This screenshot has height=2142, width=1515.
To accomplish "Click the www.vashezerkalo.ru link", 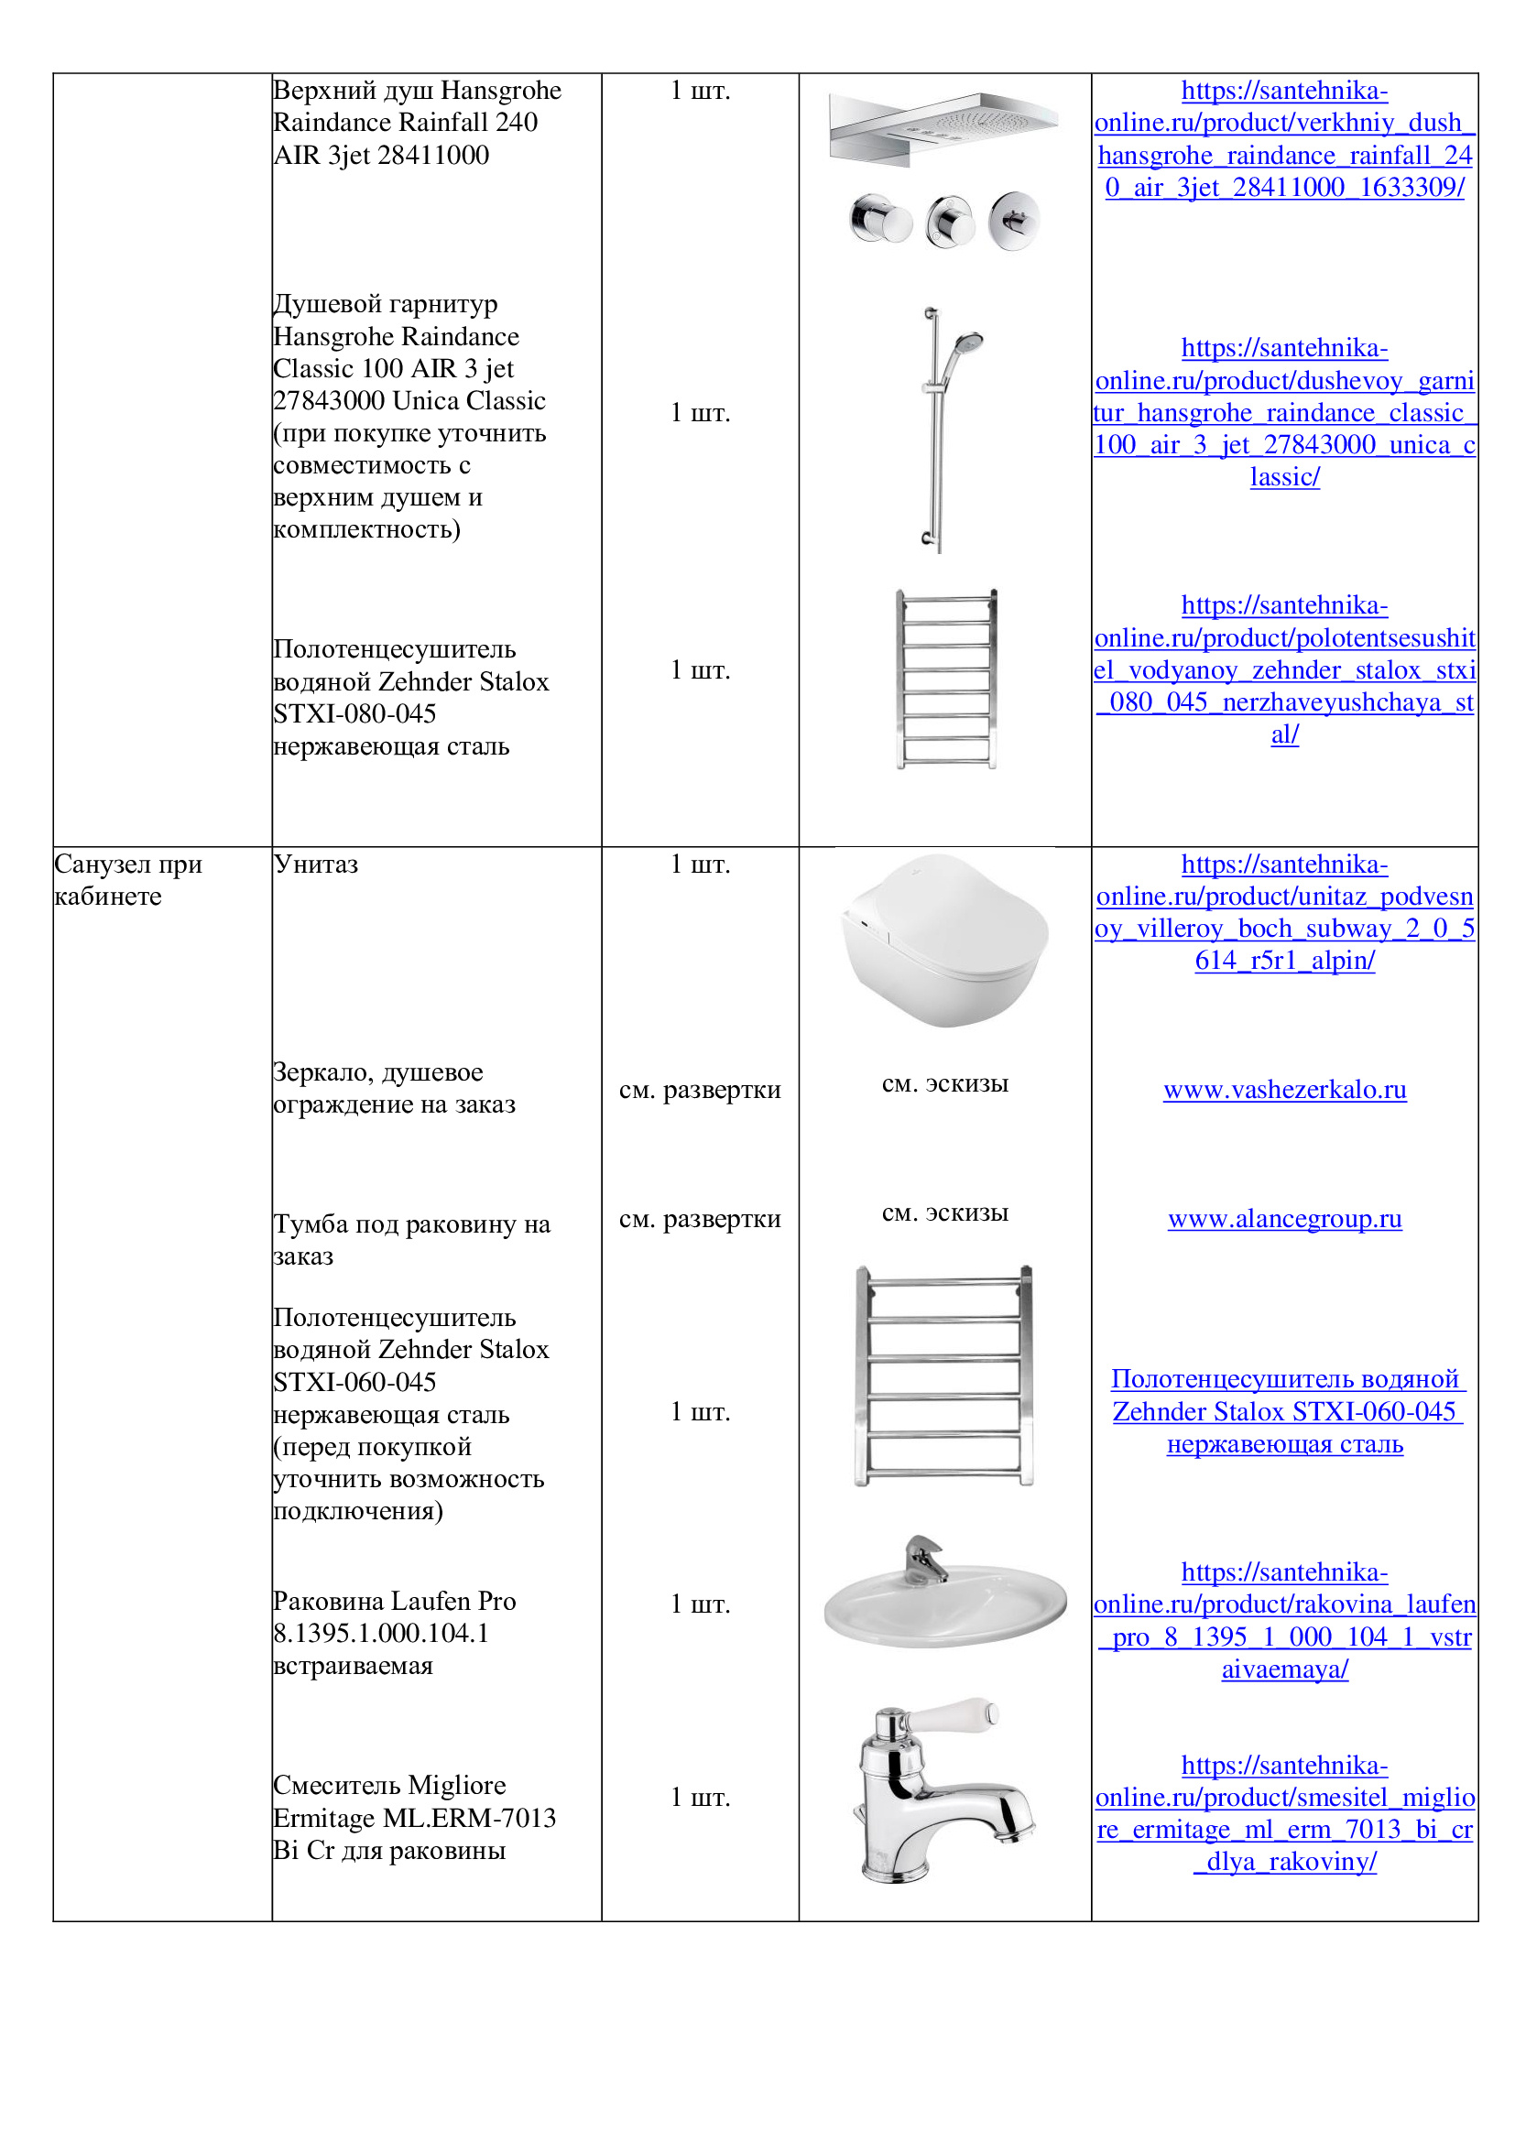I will click(1283, 1090).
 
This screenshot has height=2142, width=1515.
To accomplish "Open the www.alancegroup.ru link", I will click(1283, 1218).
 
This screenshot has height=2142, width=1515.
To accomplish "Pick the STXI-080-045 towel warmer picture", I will click(945, 680).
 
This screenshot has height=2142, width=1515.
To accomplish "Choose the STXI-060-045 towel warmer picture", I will click(944, 1375).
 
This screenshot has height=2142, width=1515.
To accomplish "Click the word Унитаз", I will click(315, 864).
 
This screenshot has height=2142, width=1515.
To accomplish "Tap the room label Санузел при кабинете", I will click(128, 880).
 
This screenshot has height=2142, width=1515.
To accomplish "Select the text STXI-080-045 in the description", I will click(354, 713).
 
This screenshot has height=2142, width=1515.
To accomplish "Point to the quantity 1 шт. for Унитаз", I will click(700, 864).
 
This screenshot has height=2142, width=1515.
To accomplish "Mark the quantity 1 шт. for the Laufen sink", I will click(700, 1604).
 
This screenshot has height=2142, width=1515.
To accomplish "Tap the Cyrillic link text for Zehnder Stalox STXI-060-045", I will click(1283, 1411).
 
